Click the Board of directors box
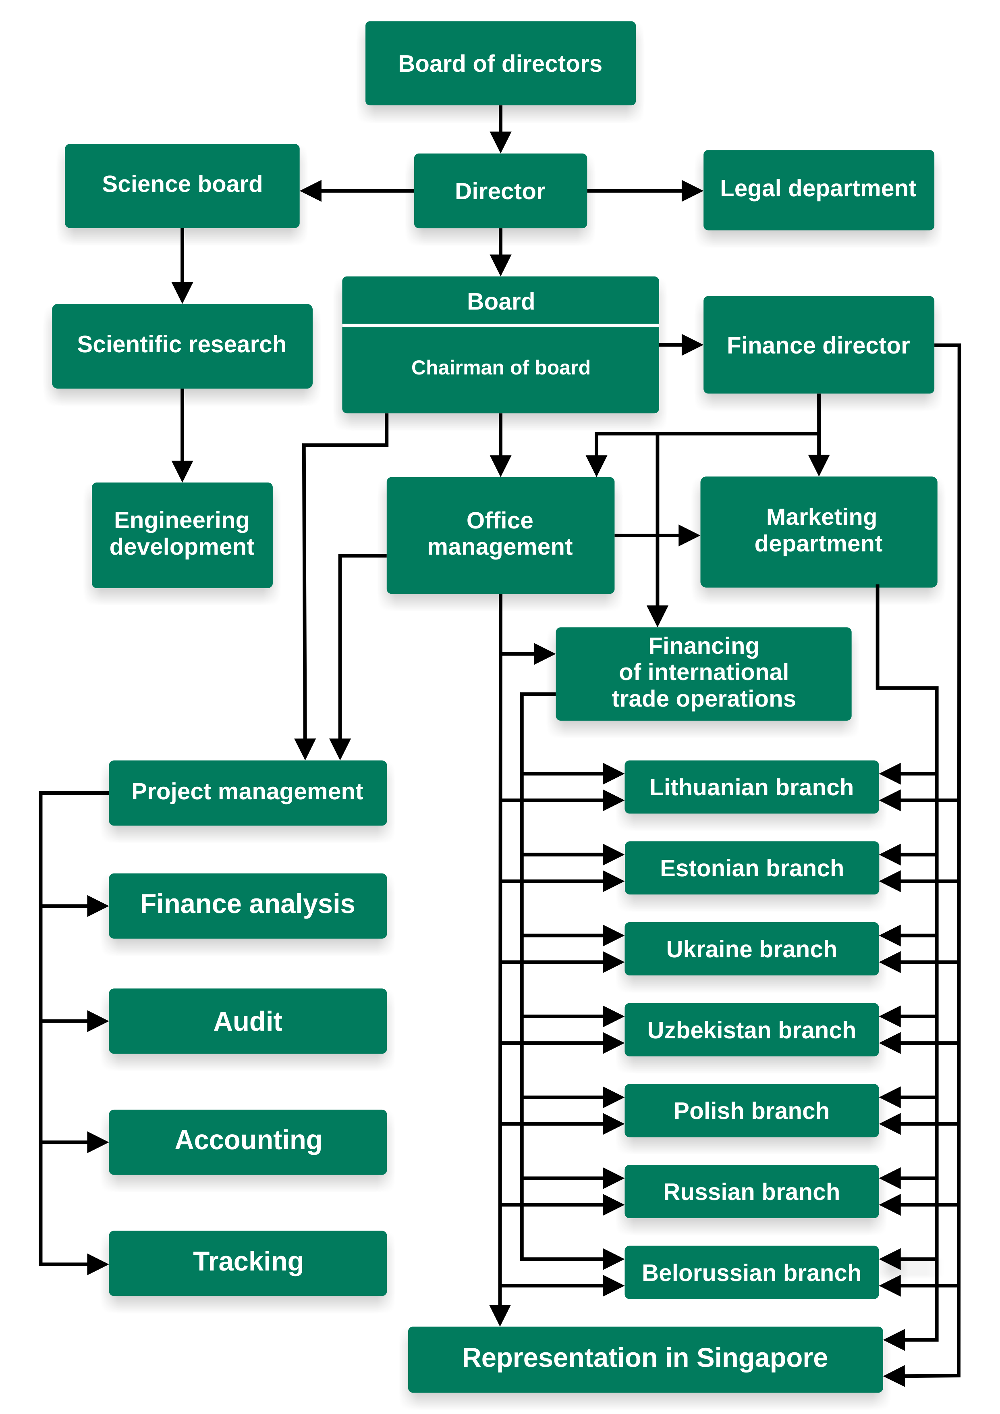[x=500, y=64]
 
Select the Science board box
[x=182, y=185]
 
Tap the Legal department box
[x=818, y=189]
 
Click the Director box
[x=500, y=191]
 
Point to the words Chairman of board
[x=500, y=368]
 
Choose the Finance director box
[x=818, y=345]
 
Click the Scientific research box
[x=182, y=345]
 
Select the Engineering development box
[x=182, y=534]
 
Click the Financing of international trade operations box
[x=703, y=672]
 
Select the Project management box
[x=247, y=792]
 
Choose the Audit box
[x=247, y=1022]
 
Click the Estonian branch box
[x=751, y=868]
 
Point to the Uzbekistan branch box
[x=751, y=1030]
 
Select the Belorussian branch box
[x=751, y=1273]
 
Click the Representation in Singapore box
[x=645, y=1358]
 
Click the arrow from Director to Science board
[x=357, y=191]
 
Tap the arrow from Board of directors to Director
[x=500, y=132]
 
